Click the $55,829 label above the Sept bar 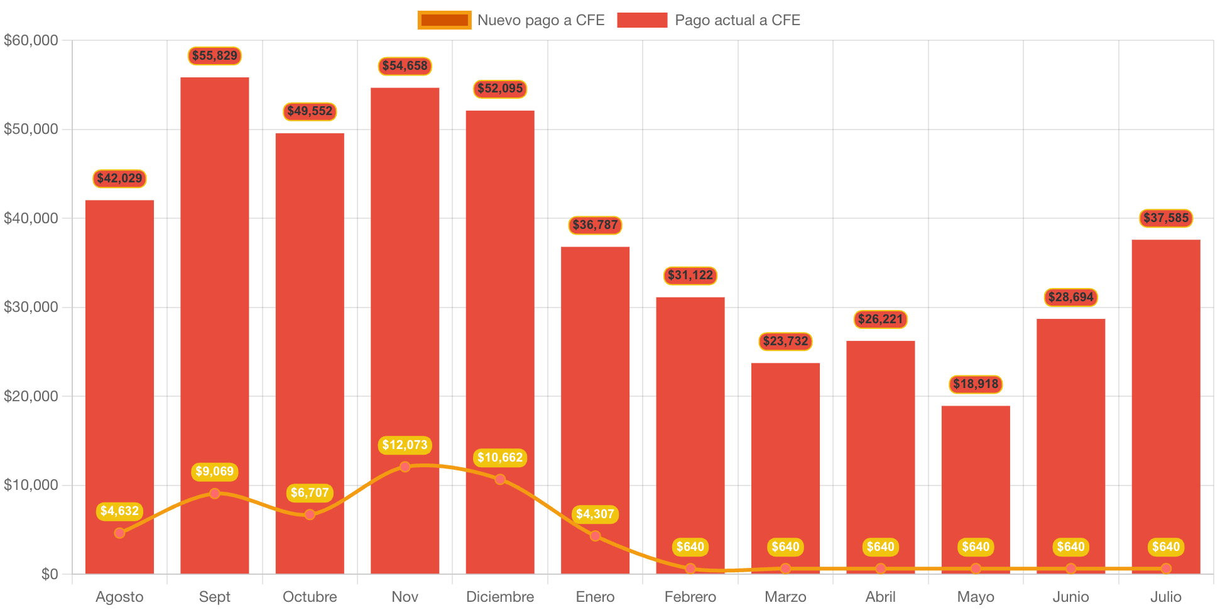click(215, 56)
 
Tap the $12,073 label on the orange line click(405, 445)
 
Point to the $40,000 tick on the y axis click(31, 218)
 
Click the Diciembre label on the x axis click(500, 597)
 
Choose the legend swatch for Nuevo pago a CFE click(444, 20)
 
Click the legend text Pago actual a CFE click(738, 20)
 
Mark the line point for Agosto click(119, 533)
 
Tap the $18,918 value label click(976, 384)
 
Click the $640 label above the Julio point click(1166, 547)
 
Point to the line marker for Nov click(405, 467)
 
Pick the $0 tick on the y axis click(49, 574)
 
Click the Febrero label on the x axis click(690, 597)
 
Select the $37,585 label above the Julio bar click(1166, 218)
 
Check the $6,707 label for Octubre click(310, 493)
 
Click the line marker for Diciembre click(500, 479)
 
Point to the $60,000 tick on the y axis click(31, 40)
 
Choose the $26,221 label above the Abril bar click(880, 319)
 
